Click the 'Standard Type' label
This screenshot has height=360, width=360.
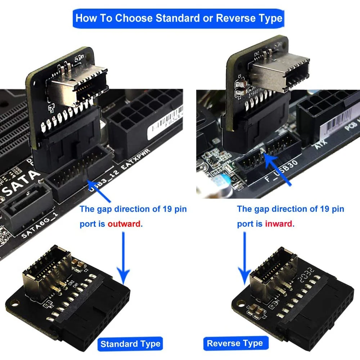tap(130, 344)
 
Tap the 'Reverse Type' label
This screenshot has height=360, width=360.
tap(235, 343)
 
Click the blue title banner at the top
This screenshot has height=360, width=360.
tap(179, 18)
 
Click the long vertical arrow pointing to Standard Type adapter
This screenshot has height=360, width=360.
tap(123, 259)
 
